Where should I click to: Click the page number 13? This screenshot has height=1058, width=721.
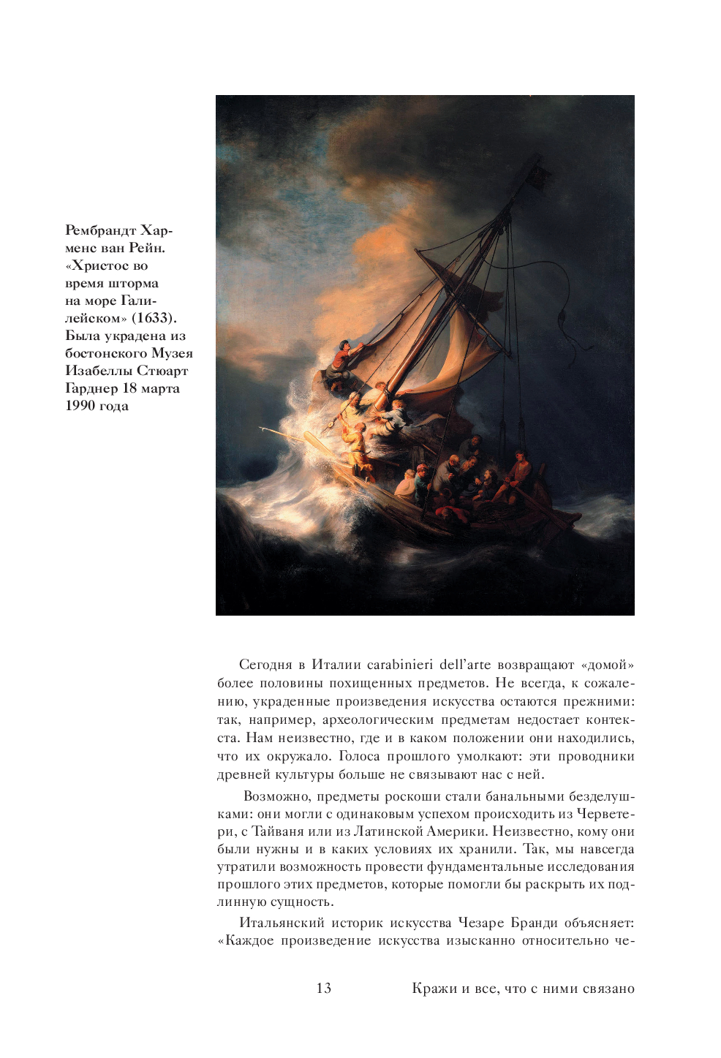pyautogui.click(x=323, y=989)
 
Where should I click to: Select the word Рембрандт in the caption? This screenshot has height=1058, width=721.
pyautogui.click(x=99, y=230)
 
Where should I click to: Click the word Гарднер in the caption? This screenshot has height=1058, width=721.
pyautogui.click(x=91, y=388)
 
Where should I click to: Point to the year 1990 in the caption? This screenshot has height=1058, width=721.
pyautogui.click(x=80, y=406)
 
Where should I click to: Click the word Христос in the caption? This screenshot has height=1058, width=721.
pyautogui.click(x=102, y=265)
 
